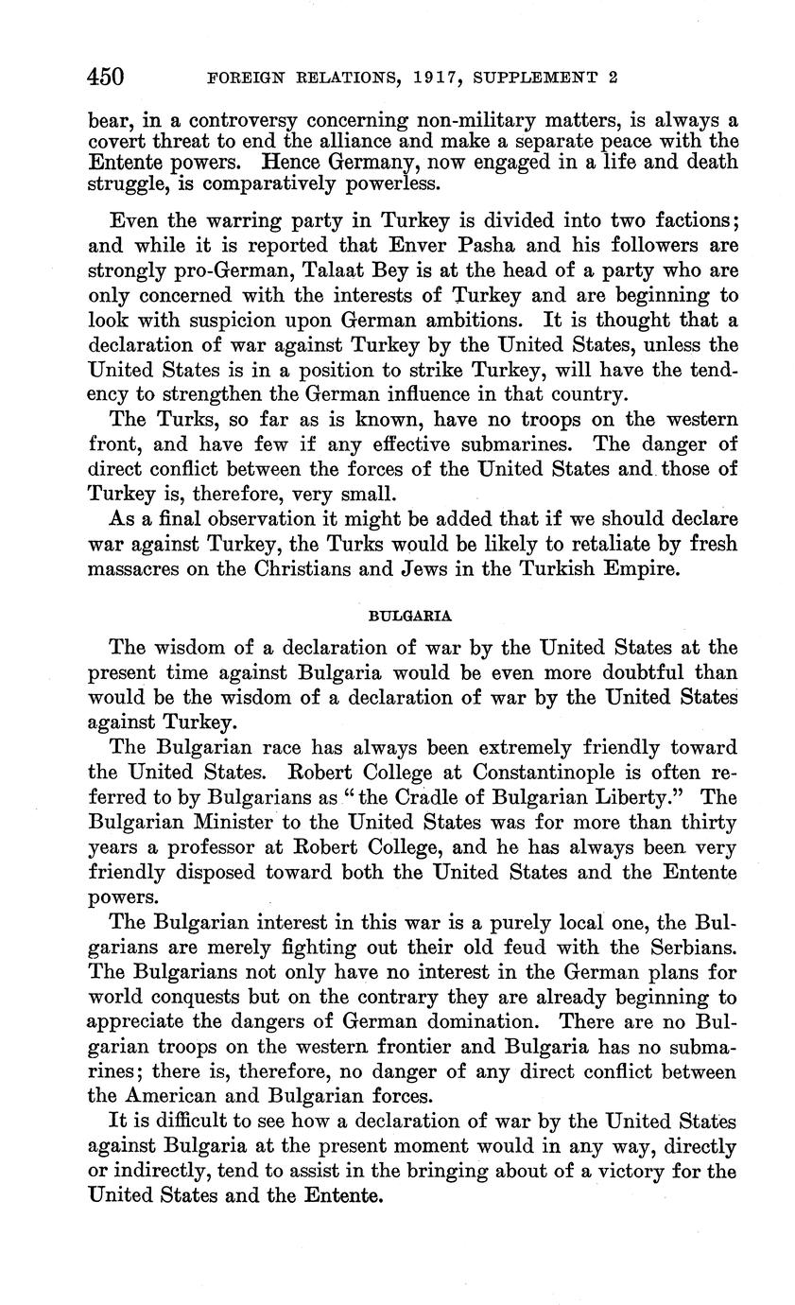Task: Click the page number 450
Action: [x=106, y=77]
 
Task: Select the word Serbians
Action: [x=684, y=947]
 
